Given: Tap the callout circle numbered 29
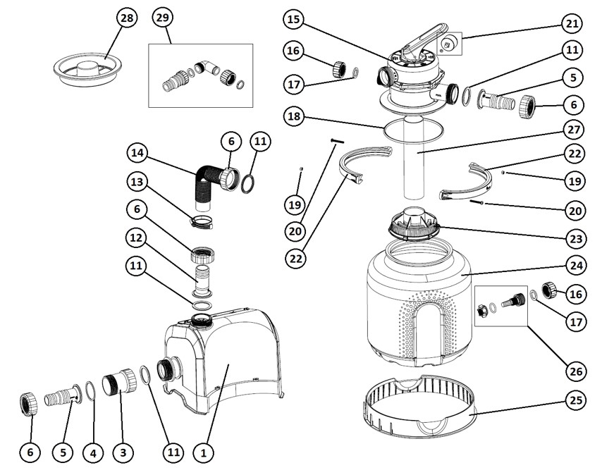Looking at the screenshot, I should click(x=162, y=20).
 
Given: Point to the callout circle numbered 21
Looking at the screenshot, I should click(x=573, y=24).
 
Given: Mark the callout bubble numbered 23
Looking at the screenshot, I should click(x=573, y=238).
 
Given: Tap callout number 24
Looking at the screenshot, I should click(x=573, y=266).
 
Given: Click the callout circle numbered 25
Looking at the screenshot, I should click(x=573, y=402).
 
